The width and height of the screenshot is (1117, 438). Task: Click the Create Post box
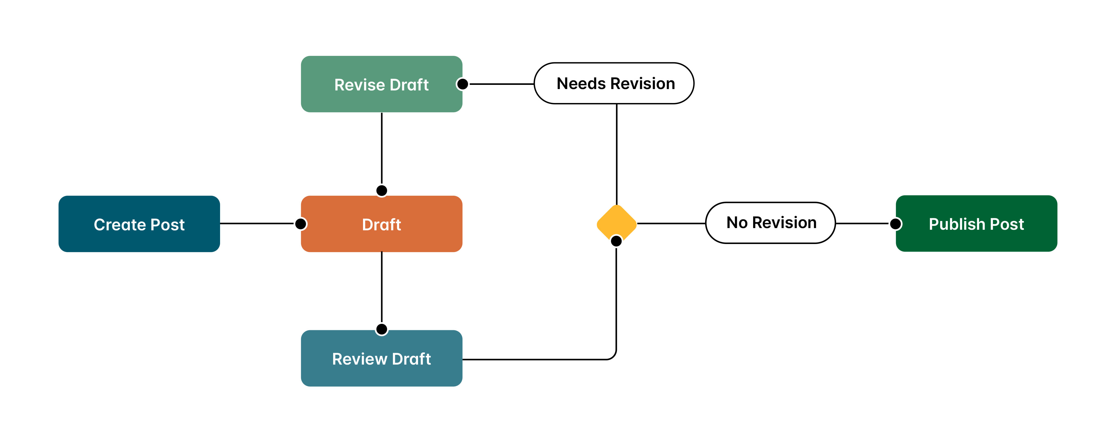click(139, 224)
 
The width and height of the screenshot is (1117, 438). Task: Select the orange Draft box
click(381, 224)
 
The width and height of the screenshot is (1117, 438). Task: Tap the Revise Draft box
click(381, 84)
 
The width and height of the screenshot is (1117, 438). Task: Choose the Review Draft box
click(381, 358)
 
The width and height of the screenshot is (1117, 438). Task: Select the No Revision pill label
click(770, 222)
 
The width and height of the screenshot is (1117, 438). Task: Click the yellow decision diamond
click(616, 221)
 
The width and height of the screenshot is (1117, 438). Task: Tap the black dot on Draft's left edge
click(300, 224)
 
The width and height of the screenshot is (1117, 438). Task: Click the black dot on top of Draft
click(381, 190)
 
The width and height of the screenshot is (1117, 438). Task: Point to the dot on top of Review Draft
click(381, 329)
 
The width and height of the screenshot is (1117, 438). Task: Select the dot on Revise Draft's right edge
click(463, 84)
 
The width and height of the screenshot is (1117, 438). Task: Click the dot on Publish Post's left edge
click(896, 224)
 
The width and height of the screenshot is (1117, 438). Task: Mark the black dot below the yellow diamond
click(616, 241)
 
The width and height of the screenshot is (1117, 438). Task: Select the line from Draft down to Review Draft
click(381, 286)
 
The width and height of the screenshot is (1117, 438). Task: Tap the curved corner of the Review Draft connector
click(613, 356)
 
